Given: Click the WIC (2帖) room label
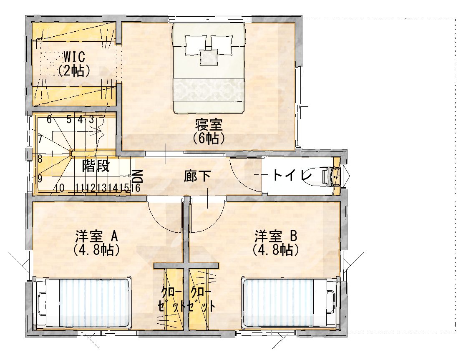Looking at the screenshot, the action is (x=74, y=64).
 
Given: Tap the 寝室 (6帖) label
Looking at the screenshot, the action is (x=209, y=131).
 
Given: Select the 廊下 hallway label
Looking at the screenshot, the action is (x=197, y=176).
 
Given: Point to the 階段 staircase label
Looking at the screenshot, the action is (x=96, y=166).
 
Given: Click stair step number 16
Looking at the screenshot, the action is (x=135, y=188).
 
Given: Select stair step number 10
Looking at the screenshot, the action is (x=60, y=188).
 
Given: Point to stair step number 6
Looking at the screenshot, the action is (x=49, y=119).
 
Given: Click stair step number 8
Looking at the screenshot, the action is (x=40, y=159).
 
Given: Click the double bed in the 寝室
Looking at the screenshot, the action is (x=209, y=68).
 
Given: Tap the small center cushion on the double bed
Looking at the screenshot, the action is (x=209, y=57).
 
